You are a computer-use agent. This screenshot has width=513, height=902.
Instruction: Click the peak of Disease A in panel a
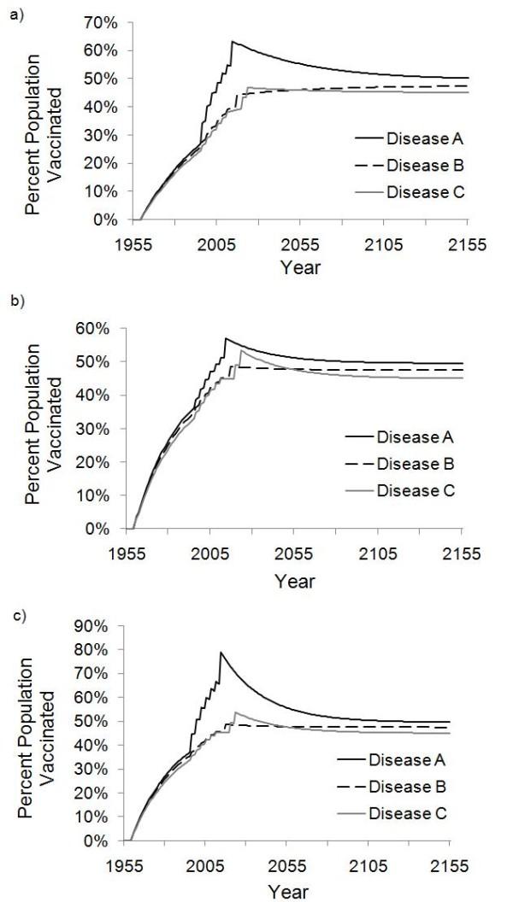pyautogui.click(x=232, y=41)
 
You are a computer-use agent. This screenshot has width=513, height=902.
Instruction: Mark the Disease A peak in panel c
pyautogui.click(x=221, y=653)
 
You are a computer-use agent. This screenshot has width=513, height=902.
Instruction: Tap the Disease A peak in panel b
pyautogui.click(x=226, y=338)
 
